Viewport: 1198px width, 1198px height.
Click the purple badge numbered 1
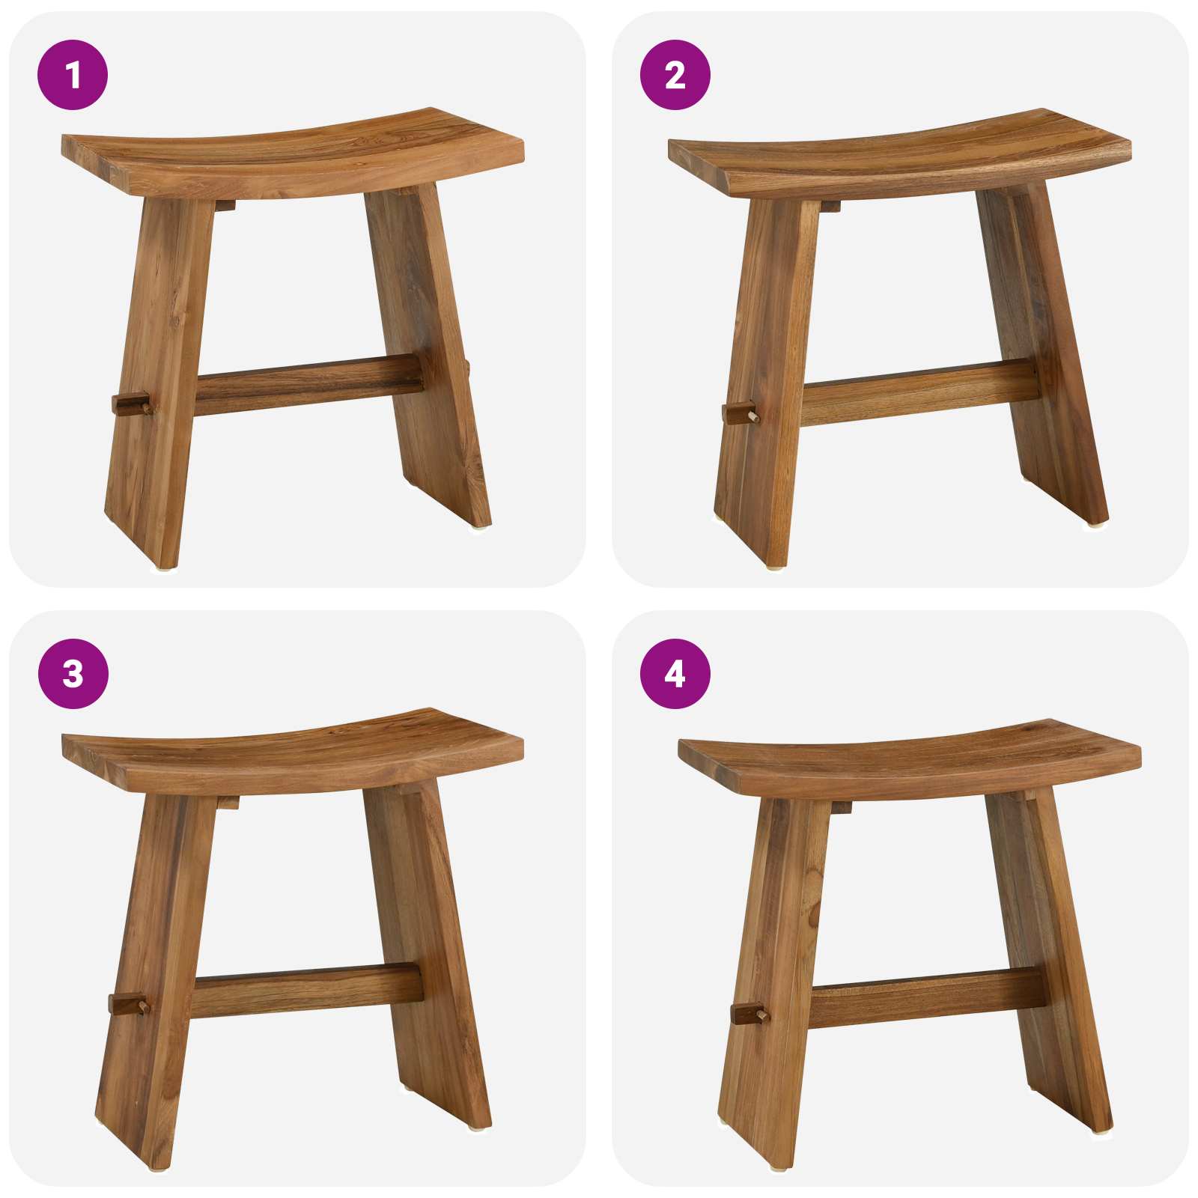[x=73, y=75]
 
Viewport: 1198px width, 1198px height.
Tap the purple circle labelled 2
[x=675, y=75]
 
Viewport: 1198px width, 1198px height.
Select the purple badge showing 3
[x=73, y=674]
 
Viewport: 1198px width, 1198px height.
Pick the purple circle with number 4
[x=675, y=674]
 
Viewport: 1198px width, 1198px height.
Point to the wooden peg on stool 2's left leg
[x=740, y=413]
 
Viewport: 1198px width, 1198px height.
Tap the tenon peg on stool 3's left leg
[x=128, y=1003]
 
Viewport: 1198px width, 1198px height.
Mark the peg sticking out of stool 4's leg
[x=749, y=1015]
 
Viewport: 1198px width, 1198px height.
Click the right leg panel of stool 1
[x=431, y=352]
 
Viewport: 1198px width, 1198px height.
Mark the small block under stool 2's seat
[x=829, y=206]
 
